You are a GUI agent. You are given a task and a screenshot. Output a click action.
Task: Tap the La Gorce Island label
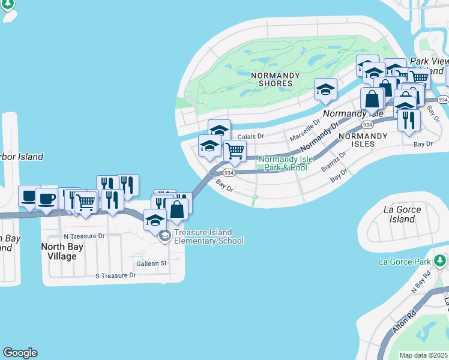point(402,214)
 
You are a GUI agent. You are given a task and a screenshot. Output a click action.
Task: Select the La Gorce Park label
point(405,262)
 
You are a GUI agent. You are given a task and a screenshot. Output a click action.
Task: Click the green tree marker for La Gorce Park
point(440,260)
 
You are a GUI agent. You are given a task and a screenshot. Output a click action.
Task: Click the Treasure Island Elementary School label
point(208,237)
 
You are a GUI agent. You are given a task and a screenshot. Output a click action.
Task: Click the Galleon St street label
point(151,263)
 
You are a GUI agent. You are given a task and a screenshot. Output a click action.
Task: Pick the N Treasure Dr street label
point(84,236)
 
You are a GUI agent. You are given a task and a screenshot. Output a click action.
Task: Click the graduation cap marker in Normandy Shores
point(325,90)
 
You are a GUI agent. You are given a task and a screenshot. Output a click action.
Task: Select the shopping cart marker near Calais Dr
point(235,151)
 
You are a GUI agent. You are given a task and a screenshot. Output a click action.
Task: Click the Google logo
point(20,353)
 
